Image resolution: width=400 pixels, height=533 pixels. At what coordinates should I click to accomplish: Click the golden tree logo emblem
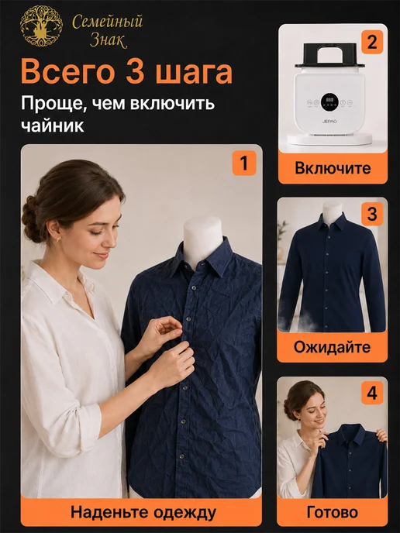pyautogui.click(x=41, y=26)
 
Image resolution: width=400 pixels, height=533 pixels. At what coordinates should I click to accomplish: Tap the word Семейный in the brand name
pyautogui.click(x=107, y=22)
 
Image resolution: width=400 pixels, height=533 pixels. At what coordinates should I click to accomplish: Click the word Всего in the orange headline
pyautogui.click(x=67, y=72)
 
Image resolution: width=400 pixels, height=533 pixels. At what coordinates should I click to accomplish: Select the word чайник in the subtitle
pyautogui.click(x=53, y=126)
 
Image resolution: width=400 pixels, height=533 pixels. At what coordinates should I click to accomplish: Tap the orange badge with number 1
pyautogui.click(x=244, y=163)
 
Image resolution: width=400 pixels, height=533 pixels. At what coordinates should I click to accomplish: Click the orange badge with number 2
pyautogui.click(x=372, y=42)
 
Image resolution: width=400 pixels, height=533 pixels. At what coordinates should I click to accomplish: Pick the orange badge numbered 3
pyautogui.click(x=372, y=214)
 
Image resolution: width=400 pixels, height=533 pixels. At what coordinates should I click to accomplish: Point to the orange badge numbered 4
pyautogui.click(x=372, y=393)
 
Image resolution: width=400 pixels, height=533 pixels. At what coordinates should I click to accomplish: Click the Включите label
pyautogui.click(x=333, y=168)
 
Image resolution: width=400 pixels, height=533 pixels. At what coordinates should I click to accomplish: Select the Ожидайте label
pyautogui.click(x=332, y=347)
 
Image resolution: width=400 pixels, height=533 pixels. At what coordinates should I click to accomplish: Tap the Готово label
pyautogui.click(x=333, y=512)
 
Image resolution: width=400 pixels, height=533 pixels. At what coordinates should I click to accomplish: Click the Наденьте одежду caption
pyautogui.click(x=143, y=513)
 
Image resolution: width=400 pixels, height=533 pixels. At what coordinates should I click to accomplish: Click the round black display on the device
pyautogui.click(x=329, y=102)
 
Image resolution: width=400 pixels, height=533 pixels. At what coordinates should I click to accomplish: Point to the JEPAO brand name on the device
pyautogui.click(x=329, y=121)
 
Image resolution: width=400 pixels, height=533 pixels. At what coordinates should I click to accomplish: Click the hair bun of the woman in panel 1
pyautogui.click(x=31, y=218)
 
